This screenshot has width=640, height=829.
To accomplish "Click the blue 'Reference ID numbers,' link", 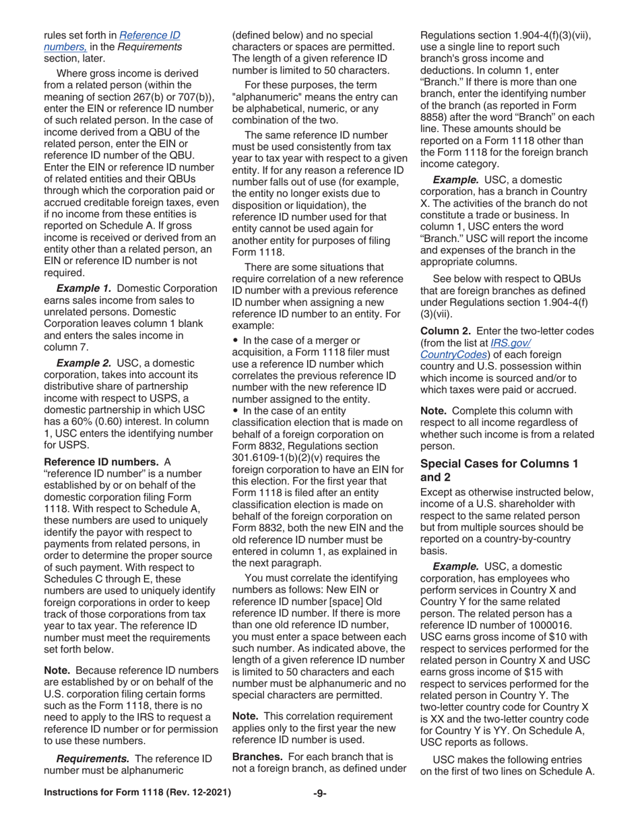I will pos(111,40).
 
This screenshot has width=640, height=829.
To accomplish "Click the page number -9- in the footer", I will pos(319,792).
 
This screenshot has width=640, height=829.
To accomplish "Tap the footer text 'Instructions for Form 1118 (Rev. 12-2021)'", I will pos(137,792).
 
